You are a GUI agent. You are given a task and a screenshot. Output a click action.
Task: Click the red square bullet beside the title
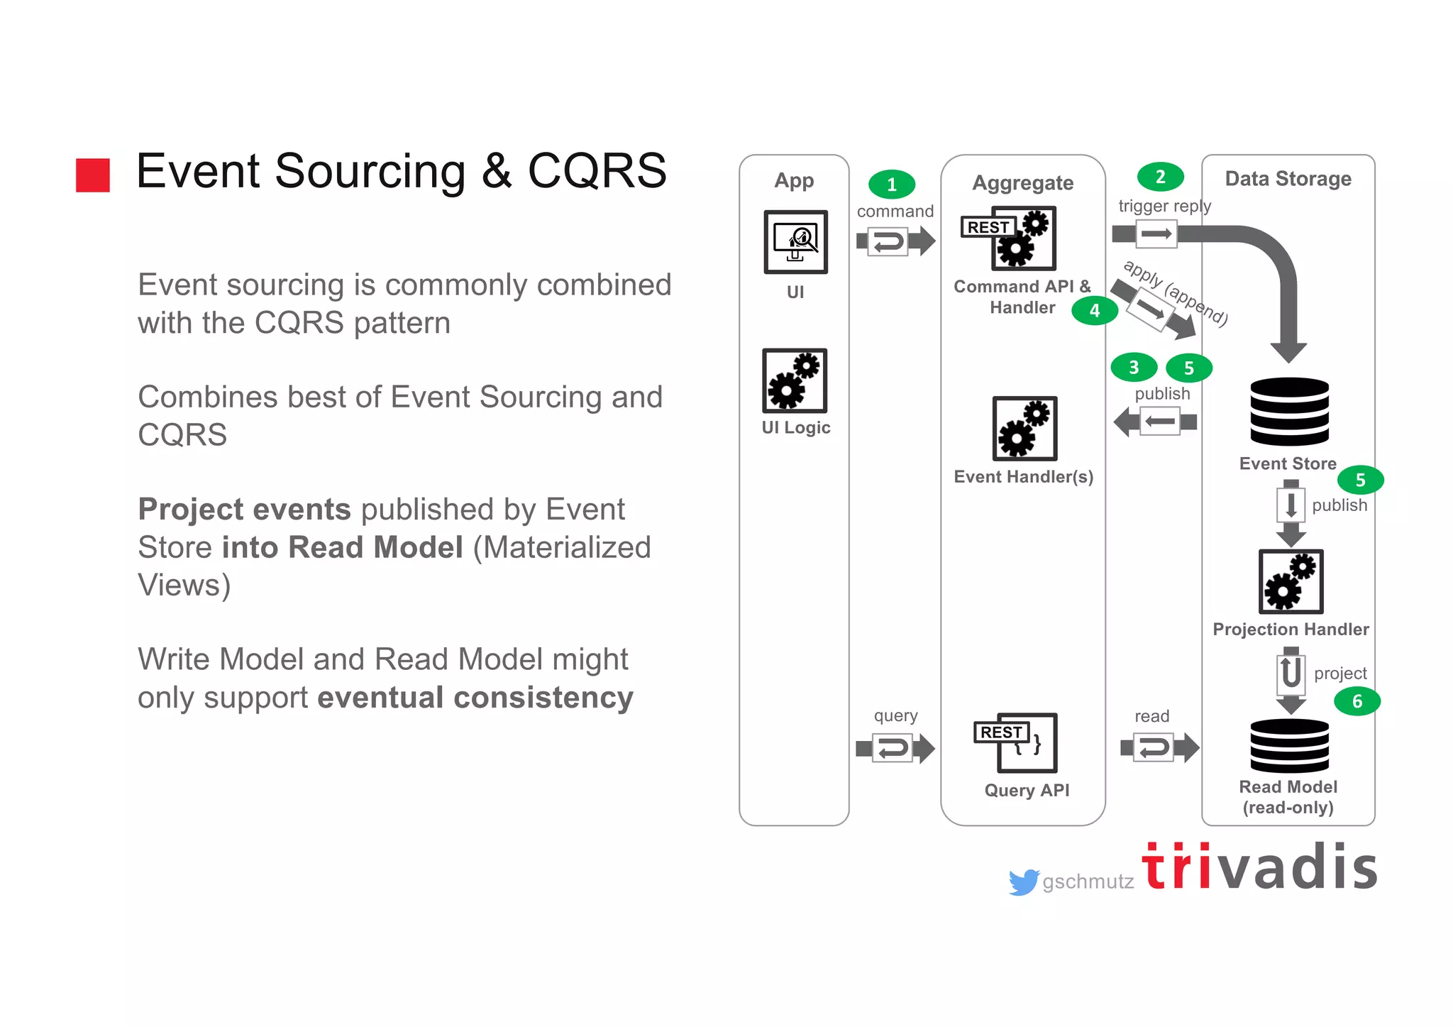93,175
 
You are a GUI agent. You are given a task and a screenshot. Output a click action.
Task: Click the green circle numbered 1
892,185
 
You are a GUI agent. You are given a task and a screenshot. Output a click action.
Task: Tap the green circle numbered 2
1160,177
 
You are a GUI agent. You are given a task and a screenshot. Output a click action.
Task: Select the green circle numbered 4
1095,311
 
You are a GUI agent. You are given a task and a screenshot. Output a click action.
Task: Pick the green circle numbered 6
1357,702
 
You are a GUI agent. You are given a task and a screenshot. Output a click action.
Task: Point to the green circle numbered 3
1134,367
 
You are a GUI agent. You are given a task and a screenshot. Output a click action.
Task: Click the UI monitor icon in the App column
795,242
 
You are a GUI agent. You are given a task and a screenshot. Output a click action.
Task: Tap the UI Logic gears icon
795,380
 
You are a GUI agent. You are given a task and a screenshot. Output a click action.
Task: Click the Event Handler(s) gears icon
1024,429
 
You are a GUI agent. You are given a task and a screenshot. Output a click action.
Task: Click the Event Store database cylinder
1289,412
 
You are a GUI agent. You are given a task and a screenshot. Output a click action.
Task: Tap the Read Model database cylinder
1289,746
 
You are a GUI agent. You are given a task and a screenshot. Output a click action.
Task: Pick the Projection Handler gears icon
1291,581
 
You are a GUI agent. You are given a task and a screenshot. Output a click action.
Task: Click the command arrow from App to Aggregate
895,241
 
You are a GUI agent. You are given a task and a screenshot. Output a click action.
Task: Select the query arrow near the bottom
895,748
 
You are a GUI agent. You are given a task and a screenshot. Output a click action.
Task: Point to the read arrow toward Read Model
1159,747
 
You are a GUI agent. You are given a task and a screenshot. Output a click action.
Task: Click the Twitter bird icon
1024,882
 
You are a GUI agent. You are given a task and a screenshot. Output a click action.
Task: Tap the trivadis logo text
1259,867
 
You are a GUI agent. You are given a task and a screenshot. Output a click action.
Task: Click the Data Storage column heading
1288,179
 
